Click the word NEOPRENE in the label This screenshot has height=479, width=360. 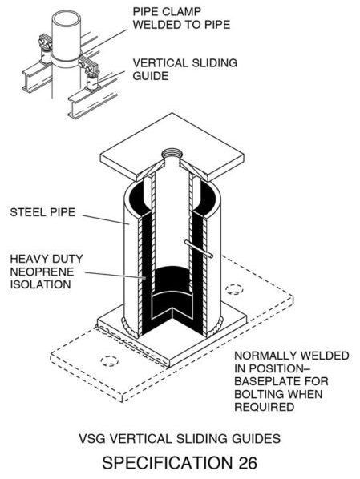pos(42,272)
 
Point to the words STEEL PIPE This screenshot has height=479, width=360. pos(42,212)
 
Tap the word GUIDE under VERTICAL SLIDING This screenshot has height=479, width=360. pos(151,76)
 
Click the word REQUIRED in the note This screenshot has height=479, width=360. pos(265,407)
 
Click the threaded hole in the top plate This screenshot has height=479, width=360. pos(172,154)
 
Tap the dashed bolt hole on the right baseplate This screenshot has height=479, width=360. pos(234,289)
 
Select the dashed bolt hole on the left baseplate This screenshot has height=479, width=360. pos(110,361)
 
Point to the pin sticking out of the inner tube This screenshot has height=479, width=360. pos(199,249)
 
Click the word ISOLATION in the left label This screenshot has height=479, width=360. pos(40,284)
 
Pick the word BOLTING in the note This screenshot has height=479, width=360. pos(261,394)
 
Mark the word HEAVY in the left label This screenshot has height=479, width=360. pos(27,259)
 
